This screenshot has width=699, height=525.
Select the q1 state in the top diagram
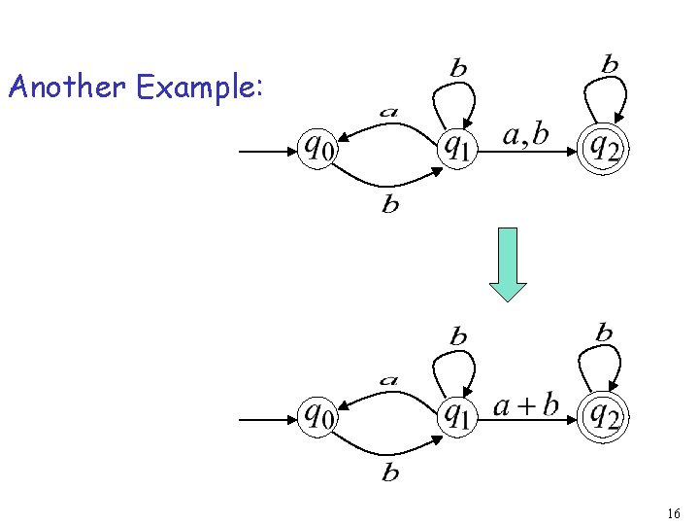pos(457,147)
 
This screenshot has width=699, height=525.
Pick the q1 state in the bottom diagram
pos(457,415)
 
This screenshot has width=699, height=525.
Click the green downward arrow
pos(508,263)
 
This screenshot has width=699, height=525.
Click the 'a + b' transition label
pos(526,404)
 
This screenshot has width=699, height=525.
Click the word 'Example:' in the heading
pos(199,88)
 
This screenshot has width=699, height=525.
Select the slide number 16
pos(674,512)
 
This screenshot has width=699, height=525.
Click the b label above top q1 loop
pos(458,68)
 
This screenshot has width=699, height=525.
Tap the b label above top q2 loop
pos(609,65)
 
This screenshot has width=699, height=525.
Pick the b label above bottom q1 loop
pos(458,337)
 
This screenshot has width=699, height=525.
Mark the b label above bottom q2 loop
pos(604,333)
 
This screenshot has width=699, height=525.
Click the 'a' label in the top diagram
pos(388,112)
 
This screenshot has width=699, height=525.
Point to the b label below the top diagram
pos(390,205)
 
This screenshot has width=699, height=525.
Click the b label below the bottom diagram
pos(390,473)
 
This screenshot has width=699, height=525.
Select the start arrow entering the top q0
pos(268,152)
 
